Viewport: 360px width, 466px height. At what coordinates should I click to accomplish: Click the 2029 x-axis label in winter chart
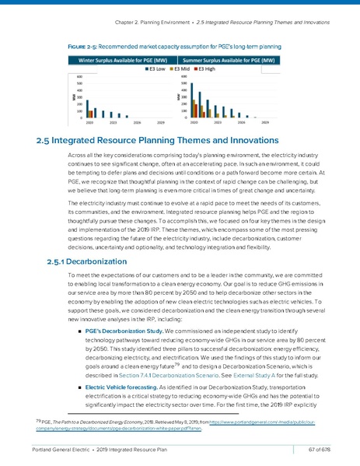[x=160, y=122]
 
